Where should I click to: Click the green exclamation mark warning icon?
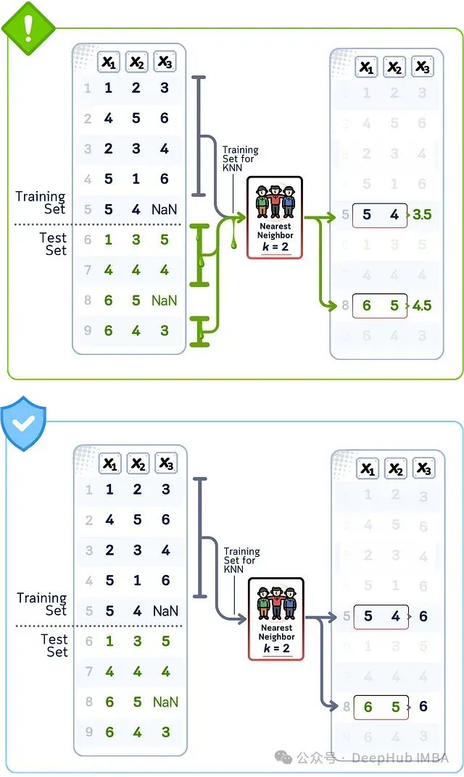pyautogui.click(x=28, y=27)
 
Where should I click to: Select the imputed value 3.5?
pyautogui.click(x=421, y=215)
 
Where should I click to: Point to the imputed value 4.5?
pyautogui.click(x=421, y=306)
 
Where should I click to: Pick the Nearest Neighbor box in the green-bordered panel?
pyautogui.click(x=275, y=217)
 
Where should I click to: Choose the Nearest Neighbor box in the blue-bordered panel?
pyautogui.click(x=275, y=618)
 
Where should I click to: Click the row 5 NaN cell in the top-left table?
pyautogui.click(x=165, y=210)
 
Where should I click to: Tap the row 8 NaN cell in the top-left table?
pyautogui.click(x=165, y=301)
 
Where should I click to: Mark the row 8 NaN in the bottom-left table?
pyautogui.click(x=165, y=702)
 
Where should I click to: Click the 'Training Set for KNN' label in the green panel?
pyautogui.click(x=240, y=159)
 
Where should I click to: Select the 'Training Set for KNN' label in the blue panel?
pyautogui.click(x=241, y=560)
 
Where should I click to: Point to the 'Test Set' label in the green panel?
pyautogui.click(x=54, y=244)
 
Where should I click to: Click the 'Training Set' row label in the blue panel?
pyautogui.click(x=42, y=604)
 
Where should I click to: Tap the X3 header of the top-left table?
pyautogui.click(x=165, y=62)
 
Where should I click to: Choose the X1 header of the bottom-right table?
pyautogui.click(x=368, y=469)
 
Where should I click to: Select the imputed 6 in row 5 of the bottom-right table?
pyautogui.click(x=423, y=616)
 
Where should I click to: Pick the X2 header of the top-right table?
pyautogui.click(x=394, y=67)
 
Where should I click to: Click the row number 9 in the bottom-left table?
pyautogui.click(x=88, y=732)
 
